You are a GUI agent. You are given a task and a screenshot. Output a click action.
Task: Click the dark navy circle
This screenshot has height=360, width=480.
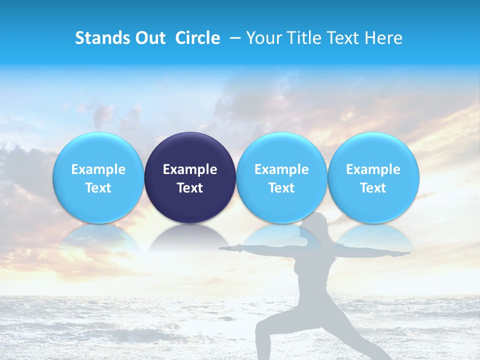point(190,177)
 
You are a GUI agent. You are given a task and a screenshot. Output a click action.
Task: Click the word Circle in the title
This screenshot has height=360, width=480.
point(198,38)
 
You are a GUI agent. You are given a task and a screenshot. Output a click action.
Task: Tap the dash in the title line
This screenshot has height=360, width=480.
point(234,38)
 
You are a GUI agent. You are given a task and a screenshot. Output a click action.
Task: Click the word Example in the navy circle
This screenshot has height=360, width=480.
point(190,169)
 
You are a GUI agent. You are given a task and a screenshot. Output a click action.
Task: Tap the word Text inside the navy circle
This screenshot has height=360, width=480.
point(190,188)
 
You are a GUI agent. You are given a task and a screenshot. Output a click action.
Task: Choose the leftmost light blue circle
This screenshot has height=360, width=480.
point(98,177)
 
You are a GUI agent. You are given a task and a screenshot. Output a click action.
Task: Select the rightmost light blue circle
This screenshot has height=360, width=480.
point(373,177)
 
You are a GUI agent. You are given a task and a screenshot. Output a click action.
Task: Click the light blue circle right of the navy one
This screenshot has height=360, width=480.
point(281,177)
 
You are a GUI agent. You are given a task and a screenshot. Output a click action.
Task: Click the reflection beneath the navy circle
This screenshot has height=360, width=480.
point(190,237)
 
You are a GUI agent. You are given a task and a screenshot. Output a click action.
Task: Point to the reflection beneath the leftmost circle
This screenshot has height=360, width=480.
point(98,237)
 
